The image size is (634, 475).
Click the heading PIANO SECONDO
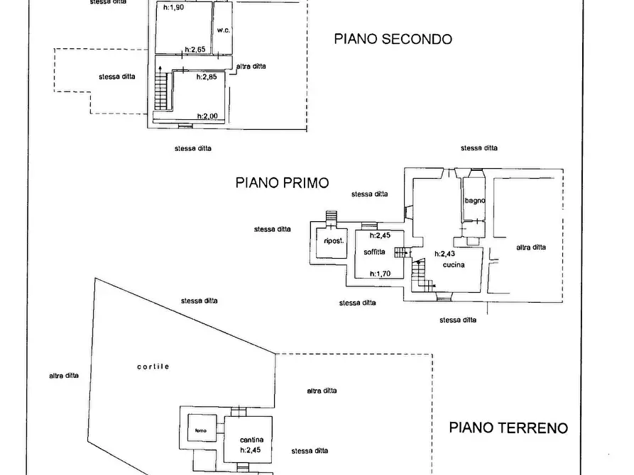393,39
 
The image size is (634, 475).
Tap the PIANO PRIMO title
282,182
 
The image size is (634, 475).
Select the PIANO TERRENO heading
508,428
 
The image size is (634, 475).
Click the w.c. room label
222,30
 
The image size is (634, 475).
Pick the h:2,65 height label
195,50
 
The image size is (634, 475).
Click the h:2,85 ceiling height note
206,77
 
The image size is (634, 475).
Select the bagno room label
474,201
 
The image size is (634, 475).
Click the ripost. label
333,241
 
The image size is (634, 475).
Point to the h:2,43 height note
444,254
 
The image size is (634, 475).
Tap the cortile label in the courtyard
153,367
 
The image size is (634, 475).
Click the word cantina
252,440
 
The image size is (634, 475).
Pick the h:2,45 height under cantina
251,449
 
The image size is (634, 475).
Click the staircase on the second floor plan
163,91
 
